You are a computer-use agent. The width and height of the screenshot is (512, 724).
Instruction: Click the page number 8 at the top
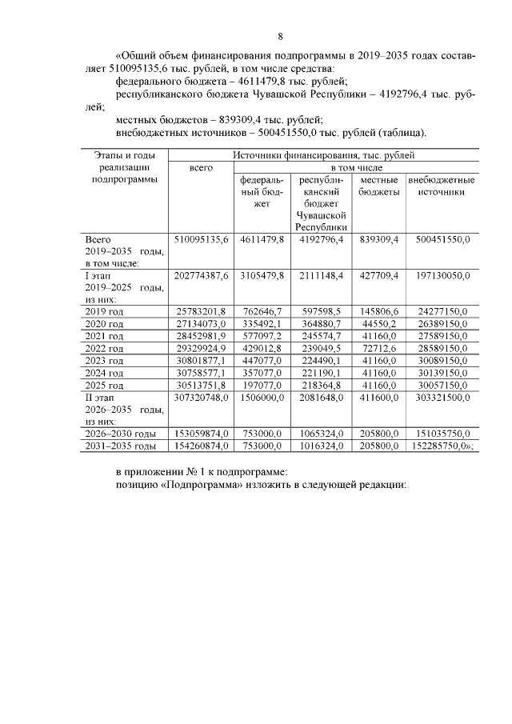(280, 36)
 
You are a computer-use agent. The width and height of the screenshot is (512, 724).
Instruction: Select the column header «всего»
(200, 168)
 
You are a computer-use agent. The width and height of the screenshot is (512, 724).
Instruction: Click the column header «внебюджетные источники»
(442, 186)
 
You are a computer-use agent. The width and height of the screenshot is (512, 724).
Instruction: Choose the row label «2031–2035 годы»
(120, 446)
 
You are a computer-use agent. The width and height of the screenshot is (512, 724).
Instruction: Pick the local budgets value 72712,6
(379, 348)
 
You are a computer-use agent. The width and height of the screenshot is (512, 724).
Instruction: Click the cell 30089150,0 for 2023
(442, 361)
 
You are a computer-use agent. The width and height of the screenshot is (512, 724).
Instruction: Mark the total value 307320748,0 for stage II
(201, 398)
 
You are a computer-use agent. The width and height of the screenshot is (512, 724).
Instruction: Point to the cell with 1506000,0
(262, 398)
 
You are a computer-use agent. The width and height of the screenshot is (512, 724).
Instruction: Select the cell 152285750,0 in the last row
(442, 446)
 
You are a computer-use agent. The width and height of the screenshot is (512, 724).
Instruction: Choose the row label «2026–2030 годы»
(120, 434)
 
